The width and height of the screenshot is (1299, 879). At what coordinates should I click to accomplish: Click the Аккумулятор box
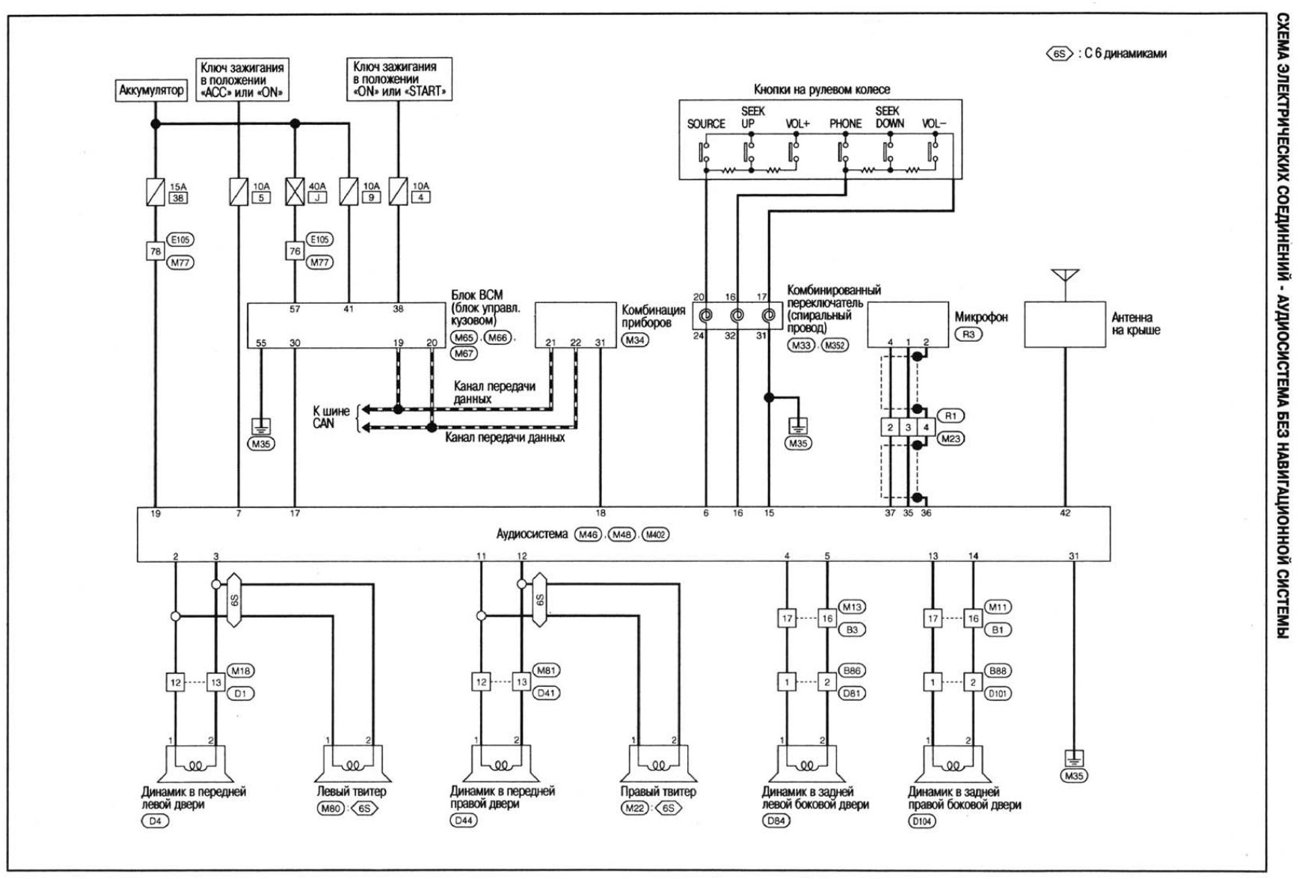point(151,91)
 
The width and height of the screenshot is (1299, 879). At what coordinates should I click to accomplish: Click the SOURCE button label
point(706,124)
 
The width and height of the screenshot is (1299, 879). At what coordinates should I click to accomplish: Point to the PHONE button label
point(845,124)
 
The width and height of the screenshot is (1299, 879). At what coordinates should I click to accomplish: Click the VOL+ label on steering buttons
point(797,124)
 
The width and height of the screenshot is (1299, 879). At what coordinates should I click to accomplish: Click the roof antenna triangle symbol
point(1065,275)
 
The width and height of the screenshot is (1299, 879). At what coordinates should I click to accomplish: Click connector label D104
point(921,821)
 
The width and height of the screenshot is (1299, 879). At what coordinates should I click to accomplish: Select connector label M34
point(636,340)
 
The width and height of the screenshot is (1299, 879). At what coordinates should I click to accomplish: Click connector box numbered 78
point(155,251)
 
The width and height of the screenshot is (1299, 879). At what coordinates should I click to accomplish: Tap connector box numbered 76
point(295,251)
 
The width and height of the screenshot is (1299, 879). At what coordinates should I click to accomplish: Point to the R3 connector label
point(968,334)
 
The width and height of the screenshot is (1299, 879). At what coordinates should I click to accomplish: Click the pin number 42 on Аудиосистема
point(1065,513)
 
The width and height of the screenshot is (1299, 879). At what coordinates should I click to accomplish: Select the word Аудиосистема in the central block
point(532,534)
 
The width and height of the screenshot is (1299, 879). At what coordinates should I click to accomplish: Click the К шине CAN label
point(331,417)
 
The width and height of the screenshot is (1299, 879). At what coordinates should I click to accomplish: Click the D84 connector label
point(775,821)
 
